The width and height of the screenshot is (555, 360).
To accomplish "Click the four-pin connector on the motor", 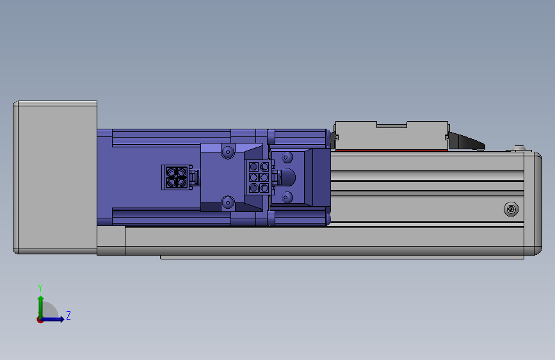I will pos(175,177).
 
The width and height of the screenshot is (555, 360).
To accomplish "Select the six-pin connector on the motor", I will pos(259,177).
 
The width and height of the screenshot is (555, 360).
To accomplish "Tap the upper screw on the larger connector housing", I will pos(227,152).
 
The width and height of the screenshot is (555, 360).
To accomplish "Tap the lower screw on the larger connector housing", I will pos(227,203).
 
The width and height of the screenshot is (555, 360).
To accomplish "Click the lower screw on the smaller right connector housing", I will pos(287,197).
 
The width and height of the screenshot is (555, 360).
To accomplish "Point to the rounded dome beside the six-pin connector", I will pos(289,177).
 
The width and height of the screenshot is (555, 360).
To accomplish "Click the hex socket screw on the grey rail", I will pos(511,209).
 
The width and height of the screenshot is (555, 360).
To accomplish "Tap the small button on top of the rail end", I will pos(518,149).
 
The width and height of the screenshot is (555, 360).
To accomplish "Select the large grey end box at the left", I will pos(55,177).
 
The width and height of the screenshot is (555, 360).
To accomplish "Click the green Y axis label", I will pos(40,288).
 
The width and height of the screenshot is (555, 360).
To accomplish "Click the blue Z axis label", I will pos(68,316).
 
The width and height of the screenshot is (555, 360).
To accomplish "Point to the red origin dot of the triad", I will pos(40,319).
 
